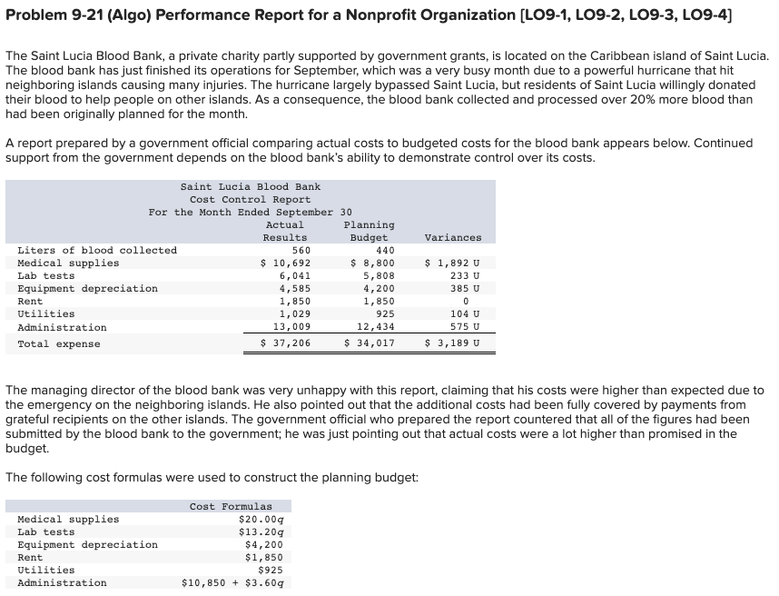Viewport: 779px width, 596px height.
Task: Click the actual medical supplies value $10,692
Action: pos(286,263)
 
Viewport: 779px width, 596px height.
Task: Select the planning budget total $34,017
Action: pos(370,343)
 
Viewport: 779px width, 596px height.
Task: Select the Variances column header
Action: pos(453,238)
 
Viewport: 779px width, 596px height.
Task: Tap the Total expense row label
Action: pos(59,344)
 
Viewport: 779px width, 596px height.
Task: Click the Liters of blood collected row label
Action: pos(97,251)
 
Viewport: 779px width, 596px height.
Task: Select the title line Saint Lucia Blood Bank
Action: pos(250,187)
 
